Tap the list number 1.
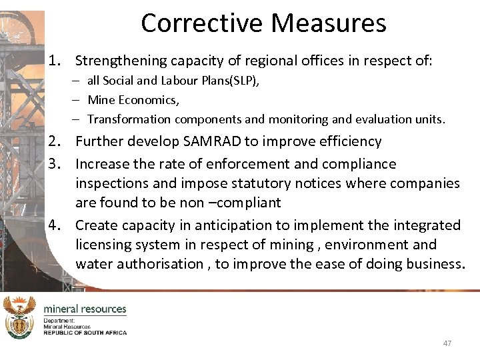pos(55,61)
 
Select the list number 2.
pos(55,141)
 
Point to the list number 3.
pos(55,164)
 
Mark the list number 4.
pos(55,225)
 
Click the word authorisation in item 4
pos(157,264)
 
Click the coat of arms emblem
pos(19,318)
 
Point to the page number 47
pos(447,343)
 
